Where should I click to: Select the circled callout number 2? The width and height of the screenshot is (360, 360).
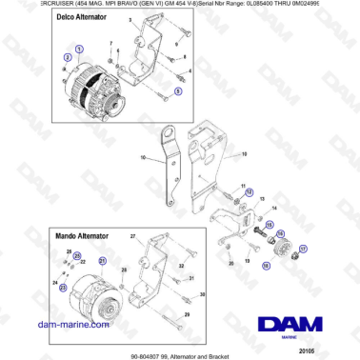pos(67,58)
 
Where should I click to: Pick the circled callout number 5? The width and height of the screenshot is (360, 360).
pos(177,92)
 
